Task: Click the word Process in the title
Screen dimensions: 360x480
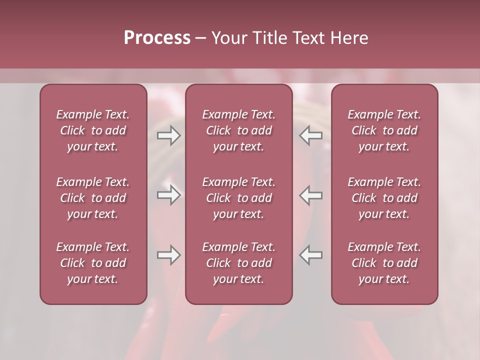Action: pos(157,38)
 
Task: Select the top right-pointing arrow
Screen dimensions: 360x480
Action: pos(168,135)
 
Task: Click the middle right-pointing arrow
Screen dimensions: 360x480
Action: pos(168,195)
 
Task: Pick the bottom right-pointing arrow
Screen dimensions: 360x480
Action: pos(168,255)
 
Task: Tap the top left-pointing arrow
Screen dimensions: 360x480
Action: pos(310,135)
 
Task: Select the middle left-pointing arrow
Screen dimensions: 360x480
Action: pos(310,195)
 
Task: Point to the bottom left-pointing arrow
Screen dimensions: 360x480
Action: pos(310,255)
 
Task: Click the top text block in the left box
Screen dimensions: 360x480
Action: pos(93,130)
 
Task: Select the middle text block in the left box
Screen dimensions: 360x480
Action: pos(93,198)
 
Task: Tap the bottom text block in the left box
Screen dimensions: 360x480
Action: pos(93,263)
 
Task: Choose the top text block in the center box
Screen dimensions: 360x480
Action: pos(239,130)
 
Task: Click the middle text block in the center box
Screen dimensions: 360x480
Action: pos(239,198)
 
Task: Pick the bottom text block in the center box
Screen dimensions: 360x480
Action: pos(239,263)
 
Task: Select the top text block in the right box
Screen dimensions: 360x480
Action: pos(384,130)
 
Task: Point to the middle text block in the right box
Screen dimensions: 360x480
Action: pos(384,198)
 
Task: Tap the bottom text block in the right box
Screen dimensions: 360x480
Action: pos(384,263)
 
